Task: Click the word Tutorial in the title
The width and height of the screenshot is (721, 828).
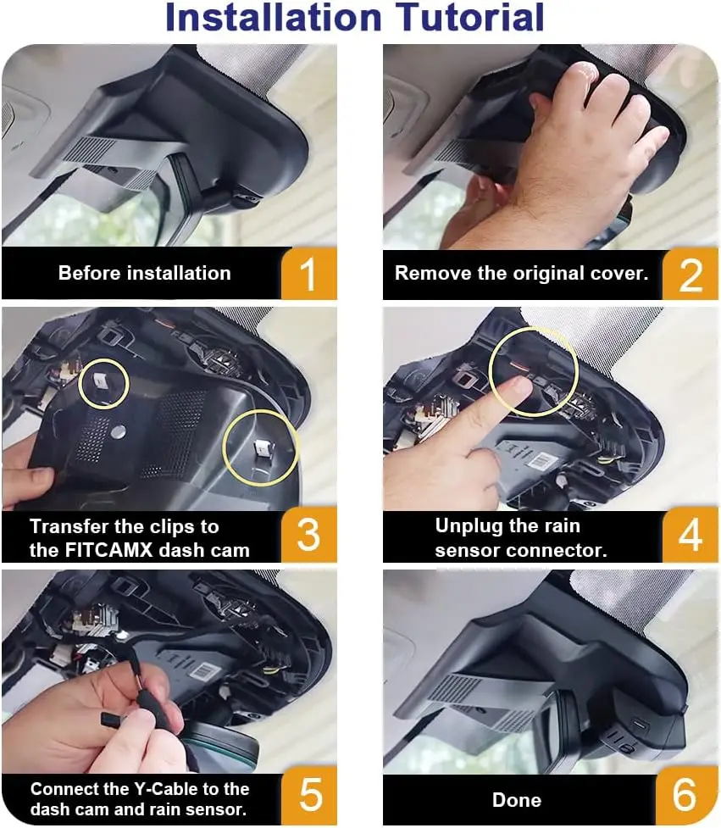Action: [x=469, y=17]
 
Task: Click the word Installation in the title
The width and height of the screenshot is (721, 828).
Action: [x=274, y=17]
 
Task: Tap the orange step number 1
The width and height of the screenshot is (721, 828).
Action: [x=308, y=274]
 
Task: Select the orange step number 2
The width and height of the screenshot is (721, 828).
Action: [x=690, y=275]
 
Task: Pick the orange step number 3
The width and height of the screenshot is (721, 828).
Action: [x=309, y=535]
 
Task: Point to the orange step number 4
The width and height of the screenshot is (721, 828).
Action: [x=690, y=535]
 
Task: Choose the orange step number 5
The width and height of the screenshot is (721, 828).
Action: [x=310, y=794]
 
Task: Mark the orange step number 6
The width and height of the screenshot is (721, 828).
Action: [x=685, y=794]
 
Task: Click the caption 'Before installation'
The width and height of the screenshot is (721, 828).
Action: [x=145, y=273]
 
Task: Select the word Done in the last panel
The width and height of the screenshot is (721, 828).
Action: [x=517, y=800]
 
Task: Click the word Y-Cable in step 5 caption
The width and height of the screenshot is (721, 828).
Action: [x=165, y=789]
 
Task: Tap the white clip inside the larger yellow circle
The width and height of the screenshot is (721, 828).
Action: [x=261, y=448]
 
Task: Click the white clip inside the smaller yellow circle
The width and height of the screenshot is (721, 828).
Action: [x=101, y=379]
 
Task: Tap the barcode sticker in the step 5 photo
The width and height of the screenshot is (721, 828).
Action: [x=204, y=673]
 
